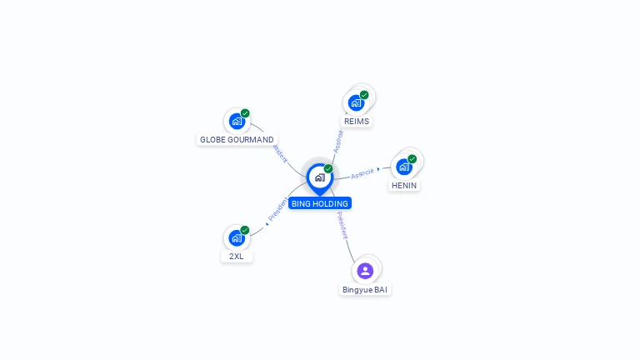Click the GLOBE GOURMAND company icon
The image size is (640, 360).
tap(237, 121)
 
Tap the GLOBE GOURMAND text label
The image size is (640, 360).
tap(237, 139)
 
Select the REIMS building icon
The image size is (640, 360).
tap(356, 102)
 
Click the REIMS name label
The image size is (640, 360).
tap(356, 121)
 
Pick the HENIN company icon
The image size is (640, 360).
tap(404, 167)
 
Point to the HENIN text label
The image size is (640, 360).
tap(404, 185)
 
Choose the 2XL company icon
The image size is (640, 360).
tap(237, 237)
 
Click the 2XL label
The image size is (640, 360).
tap(237, 256)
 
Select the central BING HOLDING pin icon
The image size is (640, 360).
tap(319, 177)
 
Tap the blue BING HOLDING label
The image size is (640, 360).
tap(320, 203)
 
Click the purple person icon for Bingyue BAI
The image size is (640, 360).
tap(365, 270)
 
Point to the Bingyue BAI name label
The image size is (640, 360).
tap(365, 290)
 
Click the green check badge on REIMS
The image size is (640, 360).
tap(364, 95)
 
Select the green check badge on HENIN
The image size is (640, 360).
tap(412, 158)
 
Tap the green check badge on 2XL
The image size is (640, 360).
tap(245, 230)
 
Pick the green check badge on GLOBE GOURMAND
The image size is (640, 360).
tap(245, 113)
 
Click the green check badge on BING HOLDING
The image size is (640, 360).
tap(328, 168)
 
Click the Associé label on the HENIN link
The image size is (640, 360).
tap(362, 173)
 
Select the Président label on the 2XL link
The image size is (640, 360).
tap(277, 210)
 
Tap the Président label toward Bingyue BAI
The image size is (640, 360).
tap(342, 225)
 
